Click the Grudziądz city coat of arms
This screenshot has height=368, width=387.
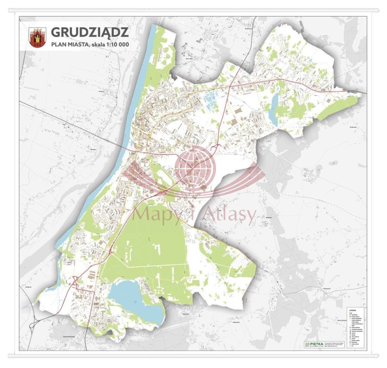point(38,38)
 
